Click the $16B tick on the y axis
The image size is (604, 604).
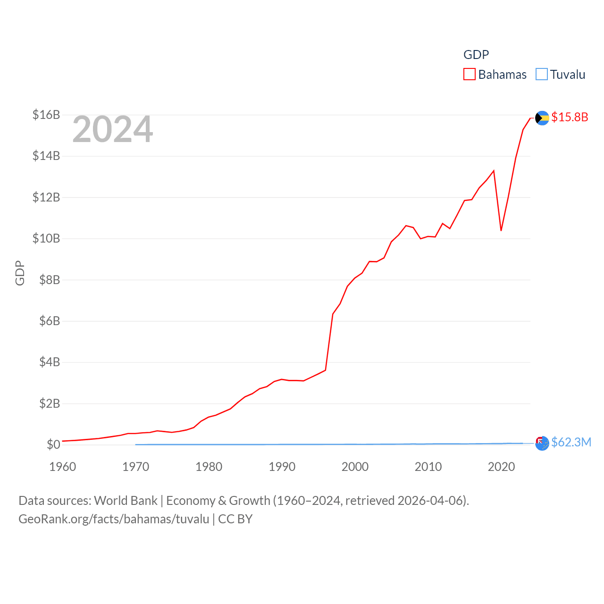tap(46, 115)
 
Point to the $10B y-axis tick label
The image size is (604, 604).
tap(46, 238)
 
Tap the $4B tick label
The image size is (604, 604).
tap(50, 362)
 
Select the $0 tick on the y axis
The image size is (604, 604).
tap(53, 445)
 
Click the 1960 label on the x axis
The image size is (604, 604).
tap(63, 467)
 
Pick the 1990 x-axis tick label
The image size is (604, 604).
tap(282, 467)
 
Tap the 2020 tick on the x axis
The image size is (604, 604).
tap(501, 467)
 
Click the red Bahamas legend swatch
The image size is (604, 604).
tap(470, 75)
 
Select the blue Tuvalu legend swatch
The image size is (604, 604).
tap(542, 75)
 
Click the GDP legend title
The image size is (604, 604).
tap(476, 55)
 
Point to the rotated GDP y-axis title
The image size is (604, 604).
tap(20, 273)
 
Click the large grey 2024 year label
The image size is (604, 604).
tap(113, 129)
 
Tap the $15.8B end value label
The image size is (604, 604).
tap(570, 117)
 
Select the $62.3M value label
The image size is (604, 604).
tap(571, 442)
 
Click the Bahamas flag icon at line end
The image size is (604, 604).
tap(542, 117)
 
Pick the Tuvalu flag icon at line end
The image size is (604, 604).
tap(542, 443)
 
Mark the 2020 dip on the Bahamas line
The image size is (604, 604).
tap(501, 230)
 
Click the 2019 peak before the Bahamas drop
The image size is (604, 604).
tap(494, 171)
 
